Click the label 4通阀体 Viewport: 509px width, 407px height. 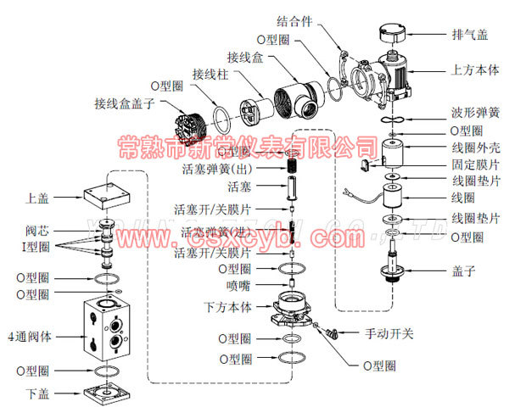click(30, 336)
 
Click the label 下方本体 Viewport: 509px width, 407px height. click(227, 305)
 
